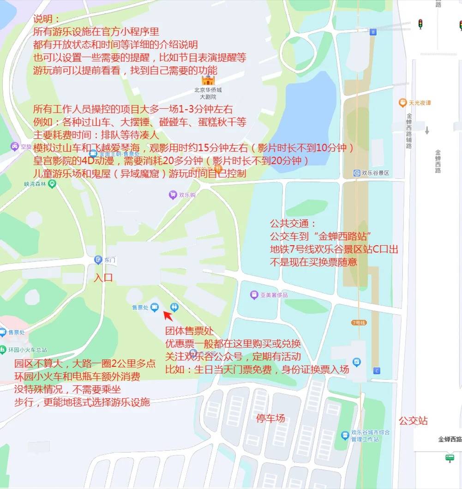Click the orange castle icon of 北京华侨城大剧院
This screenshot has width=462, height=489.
coord(204,80)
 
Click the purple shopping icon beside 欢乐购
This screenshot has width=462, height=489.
coord(173,195)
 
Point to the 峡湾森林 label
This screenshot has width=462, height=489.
coord(36,184)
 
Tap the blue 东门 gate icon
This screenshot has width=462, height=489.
coord(98,260)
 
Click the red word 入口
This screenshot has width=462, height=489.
coord(103,278)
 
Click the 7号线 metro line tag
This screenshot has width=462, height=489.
coord(359,323)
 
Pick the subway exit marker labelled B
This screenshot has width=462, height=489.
coord(373,32)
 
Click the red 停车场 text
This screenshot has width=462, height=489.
coord(270,418)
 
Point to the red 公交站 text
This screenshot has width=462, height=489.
coord(413,421)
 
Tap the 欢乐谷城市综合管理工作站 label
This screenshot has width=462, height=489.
coord(371,436)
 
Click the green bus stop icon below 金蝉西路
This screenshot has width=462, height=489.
coord(450,458)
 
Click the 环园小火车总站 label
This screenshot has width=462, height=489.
coord(28,350)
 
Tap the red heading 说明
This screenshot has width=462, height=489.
coord(47,20)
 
